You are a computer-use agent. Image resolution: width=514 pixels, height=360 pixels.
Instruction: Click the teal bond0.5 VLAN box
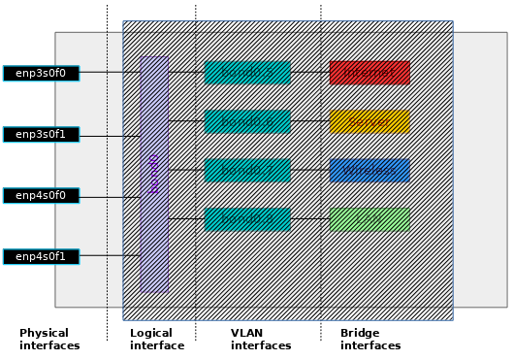[x=246, y=73]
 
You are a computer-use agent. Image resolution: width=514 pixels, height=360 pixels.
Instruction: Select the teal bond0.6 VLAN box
[x=246, y=121]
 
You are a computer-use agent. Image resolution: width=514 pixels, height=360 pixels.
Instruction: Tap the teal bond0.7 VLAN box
[x=246, y=171]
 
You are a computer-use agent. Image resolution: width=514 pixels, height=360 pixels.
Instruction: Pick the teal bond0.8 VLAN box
[x=246, y=219]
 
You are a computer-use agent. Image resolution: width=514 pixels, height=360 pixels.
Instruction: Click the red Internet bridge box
[x=369, y=73]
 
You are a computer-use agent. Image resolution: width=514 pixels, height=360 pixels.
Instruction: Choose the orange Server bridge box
[x=369, y=121]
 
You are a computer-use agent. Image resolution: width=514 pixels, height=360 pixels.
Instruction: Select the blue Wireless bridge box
[x=369, y=171]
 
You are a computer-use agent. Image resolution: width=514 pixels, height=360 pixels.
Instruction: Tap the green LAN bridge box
[x=369, y=219]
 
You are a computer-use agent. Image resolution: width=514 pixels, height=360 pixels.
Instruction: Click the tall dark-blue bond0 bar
[x=153, y=174]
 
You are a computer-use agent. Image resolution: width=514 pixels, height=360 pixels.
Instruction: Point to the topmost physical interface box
[x=41, y=73]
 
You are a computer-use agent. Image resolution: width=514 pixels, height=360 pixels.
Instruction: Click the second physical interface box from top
[x=41, y=135]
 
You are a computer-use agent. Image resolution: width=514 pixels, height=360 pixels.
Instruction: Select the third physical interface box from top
[x=41, y=195]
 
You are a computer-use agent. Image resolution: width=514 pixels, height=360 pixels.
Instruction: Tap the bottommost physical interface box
[x=41, y=257]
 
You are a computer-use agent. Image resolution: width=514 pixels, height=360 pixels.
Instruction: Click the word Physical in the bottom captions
[x=45, y=333]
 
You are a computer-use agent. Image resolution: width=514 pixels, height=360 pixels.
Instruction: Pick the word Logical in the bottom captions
[x=151, y=333]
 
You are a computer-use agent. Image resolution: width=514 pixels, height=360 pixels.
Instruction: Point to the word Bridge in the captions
[x=360, y=333]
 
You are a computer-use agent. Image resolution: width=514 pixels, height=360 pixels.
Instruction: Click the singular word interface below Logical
[x=156, y=345]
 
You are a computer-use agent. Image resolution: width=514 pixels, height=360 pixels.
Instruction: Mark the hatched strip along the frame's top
[x=288, y=26]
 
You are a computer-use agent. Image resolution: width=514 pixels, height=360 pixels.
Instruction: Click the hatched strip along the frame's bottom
[x=288, y=314]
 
